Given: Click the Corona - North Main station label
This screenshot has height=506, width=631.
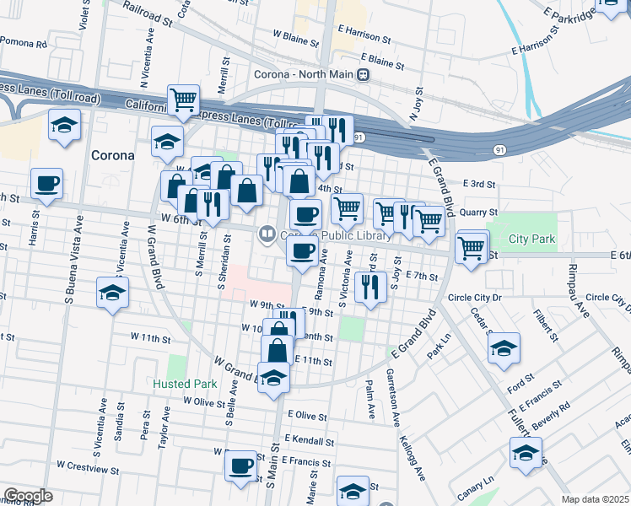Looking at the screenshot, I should [303, 74].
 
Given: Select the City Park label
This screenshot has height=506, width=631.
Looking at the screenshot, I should [531, 240].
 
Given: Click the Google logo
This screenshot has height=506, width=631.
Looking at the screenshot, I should [28, 496].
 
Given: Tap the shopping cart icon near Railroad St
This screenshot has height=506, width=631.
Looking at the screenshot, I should [183, 100].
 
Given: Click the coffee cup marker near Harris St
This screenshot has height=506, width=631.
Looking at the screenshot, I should [46, 183].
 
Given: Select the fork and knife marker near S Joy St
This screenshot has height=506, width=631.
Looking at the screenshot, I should [368, 288].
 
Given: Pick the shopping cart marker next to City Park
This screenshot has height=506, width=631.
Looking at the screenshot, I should [471, 248].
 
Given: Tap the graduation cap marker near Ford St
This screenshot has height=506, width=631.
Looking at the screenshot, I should [504, 348].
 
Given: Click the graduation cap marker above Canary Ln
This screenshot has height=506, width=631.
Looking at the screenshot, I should [526, 454].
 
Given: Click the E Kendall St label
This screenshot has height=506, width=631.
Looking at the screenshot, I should [310, 441].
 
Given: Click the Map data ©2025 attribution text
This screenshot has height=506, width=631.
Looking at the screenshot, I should [596, 499].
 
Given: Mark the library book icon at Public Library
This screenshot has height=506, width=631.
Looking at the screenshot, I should [267, 234].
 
